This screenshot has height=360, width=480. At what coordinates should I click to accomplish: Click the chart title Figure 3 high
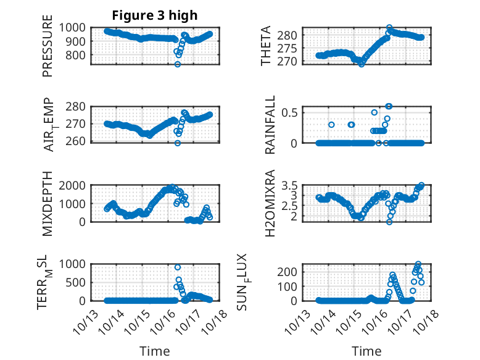pos(155,15)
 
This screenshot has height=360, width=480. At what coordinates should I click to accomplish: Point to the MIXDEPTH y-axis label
pos(48,203)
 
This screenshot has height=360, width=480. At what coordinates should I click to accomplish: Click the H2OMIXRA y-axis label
pos(270,203)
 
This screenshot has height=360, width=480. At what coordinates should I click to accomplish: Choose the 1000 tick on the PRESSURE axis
pos(75,28)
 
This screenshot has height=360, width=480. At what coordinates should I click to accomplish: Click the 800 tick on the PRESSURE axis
pos(78,55)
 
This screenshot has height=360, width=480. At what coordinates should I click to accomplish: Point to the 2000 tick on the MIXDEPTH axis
pos(75,185)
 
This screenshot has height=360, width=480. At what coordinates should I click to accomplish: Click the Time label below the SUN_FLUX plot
pos(366,351)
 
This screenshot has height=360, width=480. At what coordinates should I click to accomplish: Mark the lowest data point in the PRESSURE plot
pos(178,64)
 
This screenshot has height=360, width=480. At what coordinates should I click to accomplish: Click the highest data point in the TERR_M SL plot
pos(178,267)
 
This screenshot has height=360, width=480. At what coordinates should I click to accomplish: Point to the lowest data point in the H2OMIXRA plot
pos(389,222)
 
